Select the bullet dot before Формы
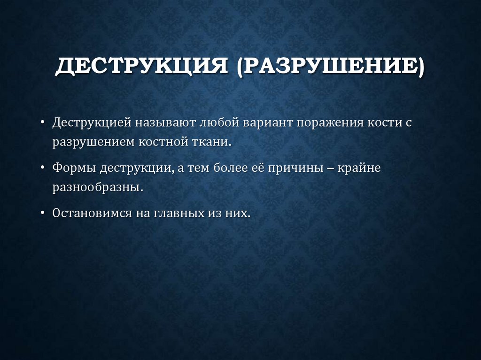(43, 168)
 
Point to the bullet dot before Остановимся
(43, 213)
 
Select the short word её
(257, 168)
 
